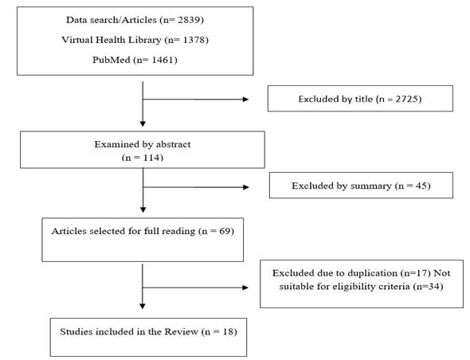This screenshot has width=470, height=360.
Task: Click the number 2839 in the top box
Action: click(x=189, y=20)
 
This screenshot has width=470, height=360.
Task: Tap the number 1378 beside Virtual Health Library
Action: click(x=194, y=40)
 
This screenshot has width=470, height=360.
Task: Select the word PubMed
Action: click(x=112, y=60)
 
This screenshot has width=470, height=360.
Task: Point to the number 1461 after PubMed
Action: click(x=163, y=60)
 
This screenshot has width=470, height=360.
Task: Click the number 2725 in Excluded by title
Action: click(x=406, y=99)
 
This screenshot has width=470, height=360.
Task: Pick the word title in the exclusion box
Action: click(x=364, y=99)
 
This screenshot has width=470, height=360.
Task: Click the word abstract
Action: click(x=173, y=144)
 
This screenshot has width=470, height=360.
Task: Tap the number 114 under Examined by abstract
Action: click(x=151, y=158)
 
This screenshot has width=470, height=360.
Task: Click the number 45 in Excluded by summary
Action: click(x=421, y=186)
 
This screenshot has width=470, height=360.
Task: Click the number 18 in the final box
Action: click(x=228, y=331)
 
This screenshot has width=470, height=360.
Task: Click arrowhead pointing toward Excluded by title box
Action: click(x=246, y=100)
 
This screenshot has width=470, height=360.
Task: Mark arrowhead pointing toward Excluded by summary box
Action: click(x=246, y=187)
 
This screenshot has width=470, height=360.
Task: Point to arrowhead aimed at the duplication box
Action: click(x=245, y=288)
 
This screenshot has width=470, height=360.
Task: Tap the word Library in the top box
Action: click(x=145, y=40)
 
